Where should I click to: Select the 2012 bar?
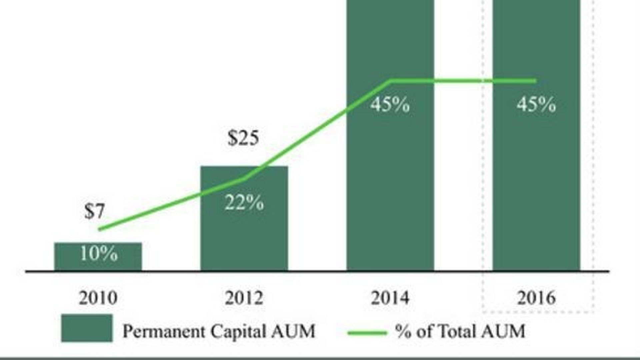(x=244, y=233)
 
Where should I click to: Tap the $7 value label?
(x=95, y=211)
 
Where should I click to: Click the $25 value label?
(x=243, y=138)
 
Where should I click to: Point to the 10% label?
(x=99, y=254)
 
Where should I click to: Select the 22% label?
(x=244, y=202)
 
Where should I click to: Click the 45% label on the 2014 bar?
(x=390, y=104)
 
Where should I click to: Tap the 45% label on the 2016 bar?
(x=536, y=104)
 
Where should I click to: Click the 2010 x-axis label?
(x=98, y=298)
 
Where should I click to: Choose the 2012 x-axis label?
(x=244, y=298)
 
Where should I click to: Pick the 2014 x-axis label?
(x=390, y=298)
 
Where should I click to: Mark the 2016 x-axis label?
(x=536, y=298)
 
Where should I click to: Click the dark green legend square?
(x=87, y=328)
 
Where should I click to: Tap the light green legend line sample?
(x=367, y=332)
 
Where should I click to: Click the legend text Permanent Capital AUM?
(x=219, y=331)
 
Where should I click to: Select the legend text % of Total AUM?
(x=460, y=331)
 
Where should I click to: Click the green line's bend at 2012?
(x=245, y=179)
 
